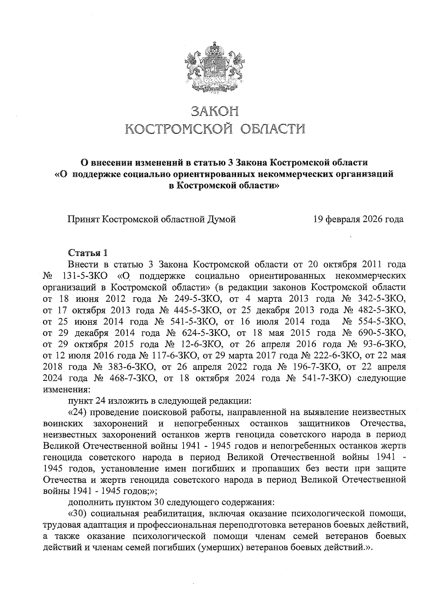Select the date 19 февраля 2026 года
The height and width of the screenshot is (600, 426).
coord(358,219)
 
